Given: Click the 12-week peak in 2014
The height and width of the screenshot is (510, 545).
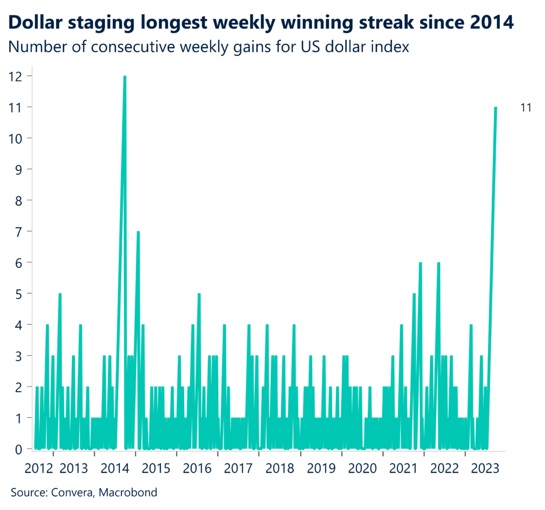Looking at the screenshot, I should (x=125, y=77).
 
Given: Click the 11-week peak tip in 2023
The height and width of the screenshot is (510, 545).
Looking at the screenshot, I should (x=496, y=108).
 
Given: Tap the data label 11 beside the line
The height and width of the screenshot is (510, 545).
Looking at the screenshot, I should (x=526, y=108).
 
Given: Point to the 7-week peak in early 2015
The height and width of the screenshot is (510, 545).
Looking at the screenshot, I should (x=138, y=232).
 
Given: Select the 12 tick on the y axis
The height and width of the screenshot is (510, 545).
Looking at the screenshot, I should (x=16, y=76).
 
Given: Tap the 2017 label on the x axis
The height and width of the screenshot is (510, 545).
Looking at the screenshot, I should (x=238, y=468).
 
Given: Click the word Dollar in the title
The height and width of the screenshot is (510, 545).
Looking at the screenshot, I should (x=35, y=22).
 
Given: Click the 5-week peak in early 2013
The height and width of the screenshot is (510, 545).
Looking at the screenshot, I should (x=60, y=294).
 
